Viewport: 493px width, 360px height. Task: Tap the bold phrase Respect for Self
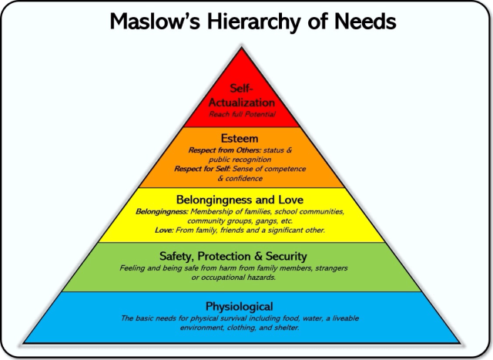coord(203,169)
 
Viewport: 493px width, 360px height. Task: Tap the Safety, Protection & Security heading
coord(244,256)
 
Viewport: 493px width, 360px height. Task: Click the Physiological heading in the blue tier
coord(244,305)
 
